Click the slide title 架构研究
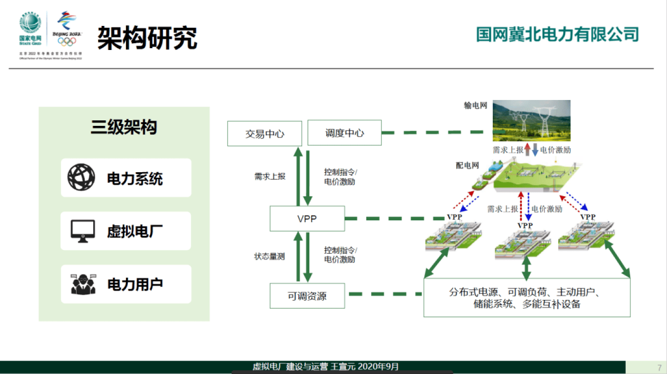click(x=147, y=38)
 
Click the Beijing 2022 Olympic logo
click(x=67, y=29)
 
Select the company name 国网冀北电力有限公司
click(x=558, y=34)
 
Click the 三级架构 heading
click(x=124, y=127)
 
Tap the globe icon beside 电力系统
click(x=82, y=178)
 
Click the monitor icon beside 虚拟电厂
click(x=82, y=231)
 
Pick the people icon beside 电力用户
click(x=83, y=284)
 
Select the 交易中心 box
click(x=264, y=133)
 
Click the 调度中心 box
click(x=344, y=133)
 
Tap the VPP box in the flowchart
click(x=307, y=218)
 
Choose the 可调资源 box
click(x=307, y=296)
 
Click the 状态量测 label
click(x=270, y=256)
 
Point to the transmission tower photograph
click(x=531, y=120)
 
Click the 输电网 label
click(x=476, y=106)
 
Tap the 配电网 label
click(x=467, y=165)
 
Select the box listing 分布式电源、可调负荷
click(x=527, y=298)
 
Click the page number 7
click(x=659, y=368)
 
